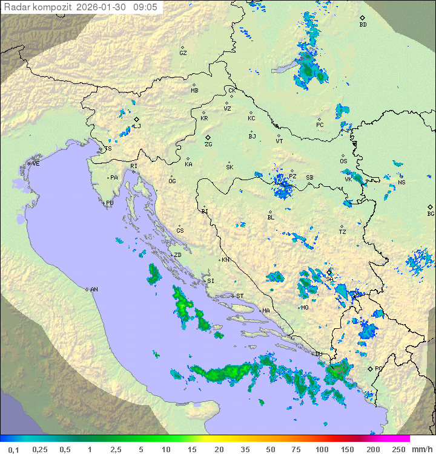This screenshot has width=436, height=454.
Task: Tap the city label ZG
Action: pyautogui.click(x=208, y=144)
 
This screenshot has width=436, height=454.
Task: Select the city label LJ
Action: pyautogui.click(x=137, y=126)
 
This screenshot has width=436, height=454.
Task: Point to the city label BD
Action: pyautogui.click(x=363, y=25)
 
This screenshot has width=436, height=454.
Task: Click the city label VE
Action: pyautogui.click(x=36, y=164)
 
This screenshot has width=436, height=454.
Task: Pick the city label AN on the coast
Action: pyautogui.click(x=94, y=290)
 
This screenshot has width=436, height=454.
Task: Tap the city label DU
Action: pyautogui.click(x=319, y=354)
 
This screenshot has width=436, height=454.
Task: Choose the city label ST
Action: pyautogui.click(x=239, y=296)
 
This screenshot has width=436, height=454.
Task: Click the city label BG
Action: pyautogui.click(x=431, y=213)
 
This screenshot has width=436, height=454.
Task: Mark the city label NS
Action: pyautogui.click(x=401, y=183)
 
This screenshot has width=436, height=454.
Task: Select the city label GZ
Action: pyautogui.click(x=183, y=53)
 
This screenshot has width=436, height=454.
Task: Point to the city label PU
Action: pyautogui.click(x=110, y=203)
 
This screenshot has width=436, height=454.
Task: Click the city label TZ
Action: pyautogui.click(x=342, y=232)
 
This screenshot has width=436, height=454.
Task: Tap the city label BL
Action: pyautogui.click(x=271, y=218)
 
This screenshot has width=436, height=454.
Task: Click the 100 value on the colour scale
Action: pyautogui.click(x=322, y=449)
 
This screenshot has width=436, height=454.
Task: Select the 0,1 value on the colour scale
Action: pyautogui.click(x=13, y=449)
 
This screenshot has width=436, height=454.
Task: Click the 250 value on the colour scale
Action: pyautogui.click(x=398, y=449)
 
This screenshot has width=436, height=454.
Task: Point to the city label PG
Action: pyautogui.click(x=378, y=369)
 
